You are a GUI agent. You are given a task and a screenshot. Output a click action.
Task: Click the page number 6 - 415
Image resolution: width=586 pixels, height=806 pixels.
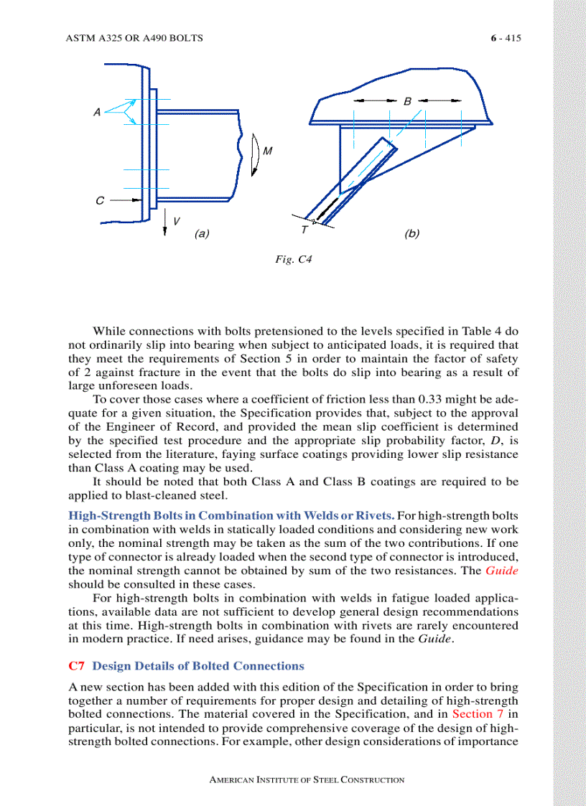[x=501, y=38]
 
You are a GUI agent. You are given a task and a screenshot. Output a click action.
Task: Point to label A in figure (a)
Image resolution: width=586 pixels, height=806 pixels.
[x=97, y=111]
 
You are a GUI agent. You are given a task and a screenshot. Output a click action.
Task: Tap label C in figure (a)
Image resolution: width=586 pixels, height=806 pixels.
[x=100, y=200]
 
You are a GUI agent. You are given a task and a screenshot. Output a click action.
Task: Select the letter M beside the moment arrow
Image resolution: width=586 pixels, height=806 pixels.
[x=267, y=151]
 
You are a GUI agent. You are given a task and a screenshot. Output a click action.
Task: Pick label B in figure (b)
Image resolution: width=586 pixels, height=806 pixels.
[x=407, y=101]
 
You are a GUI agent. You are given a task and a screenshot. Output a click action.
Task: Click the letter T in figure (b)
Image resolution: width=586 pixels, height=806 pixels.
[x=304, y=230]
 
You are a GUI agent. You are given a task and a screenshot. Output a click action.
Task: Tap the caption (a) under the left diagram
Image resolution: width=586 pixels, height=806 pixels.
[x=202, y=233]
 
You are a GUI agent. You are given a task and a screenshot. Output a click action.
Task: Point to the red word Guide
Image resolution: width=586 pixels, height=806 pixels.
[x=502, y=571]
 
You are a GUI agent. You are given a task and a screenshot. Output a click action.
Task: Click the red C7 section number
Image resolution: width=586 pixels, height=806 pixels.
[x=77, y=665]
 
